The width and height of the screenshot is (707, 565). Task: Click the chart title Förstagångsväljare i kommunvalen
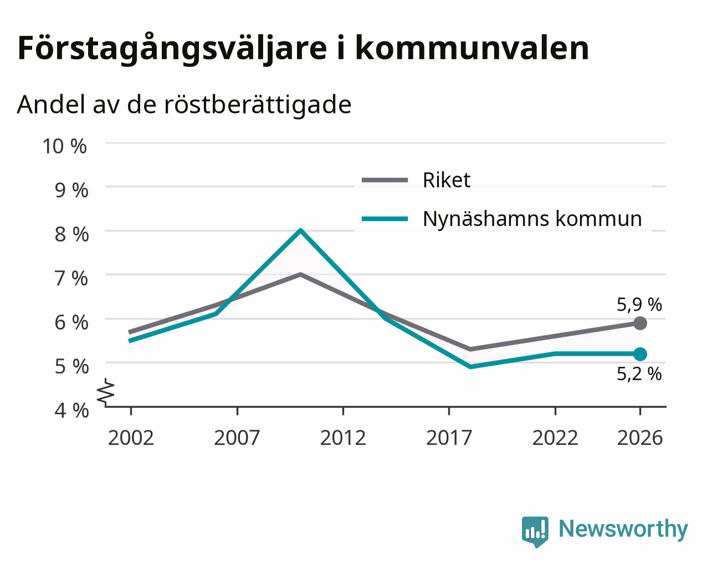(x=303, y=49)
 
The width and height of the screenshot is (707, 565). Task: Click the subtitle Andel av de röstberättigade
(x=184, y=105)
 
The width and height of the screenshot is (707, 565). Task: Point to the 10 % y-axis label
(x=65, y=146)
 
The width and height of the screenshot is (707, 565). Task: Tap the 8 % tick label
(x=71, y=234)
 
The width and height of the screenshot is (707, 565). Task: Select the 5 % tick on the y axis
(x=71, y=367)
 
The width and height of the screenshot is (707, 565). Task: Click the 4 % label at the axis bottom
(x=71, y=410)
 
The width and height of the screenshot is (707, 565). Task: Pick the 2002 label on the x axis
(x=131, y=438)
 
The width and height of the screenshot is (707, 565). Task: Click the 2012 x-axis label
(x=343, y=438)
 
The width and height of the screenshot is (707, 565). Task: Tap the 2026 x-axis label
(x=640, y=438)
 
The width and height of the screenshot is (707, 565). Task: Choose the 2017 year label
(x=449, y=438)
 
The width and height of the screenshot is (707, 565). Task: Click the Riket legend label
(x=447, y=180)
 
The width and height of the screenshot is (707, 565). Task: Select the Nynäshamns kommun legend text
(x=532, y=219)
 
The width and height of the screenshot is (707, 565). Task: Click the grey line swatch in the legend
(x=385, y=180)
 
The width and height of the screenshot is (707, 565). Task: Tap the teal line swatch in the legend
(x=385, y=219)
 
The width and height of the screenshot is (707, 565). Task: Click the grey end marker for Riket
(x=640, y=323)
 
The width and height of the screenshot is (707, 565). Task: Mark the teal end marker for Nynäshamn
(x=640, y=354)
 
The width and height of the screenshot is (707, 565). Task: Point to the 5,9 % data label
(x=639, y=305)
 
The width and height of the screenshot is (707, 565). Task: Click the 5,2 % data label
(x=639, y=374)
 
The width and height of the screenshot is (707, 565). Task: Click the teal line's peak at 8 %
(x=301, y=230)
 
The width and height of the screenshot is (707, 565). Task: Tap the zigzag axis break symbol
(x=105, y=391)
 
